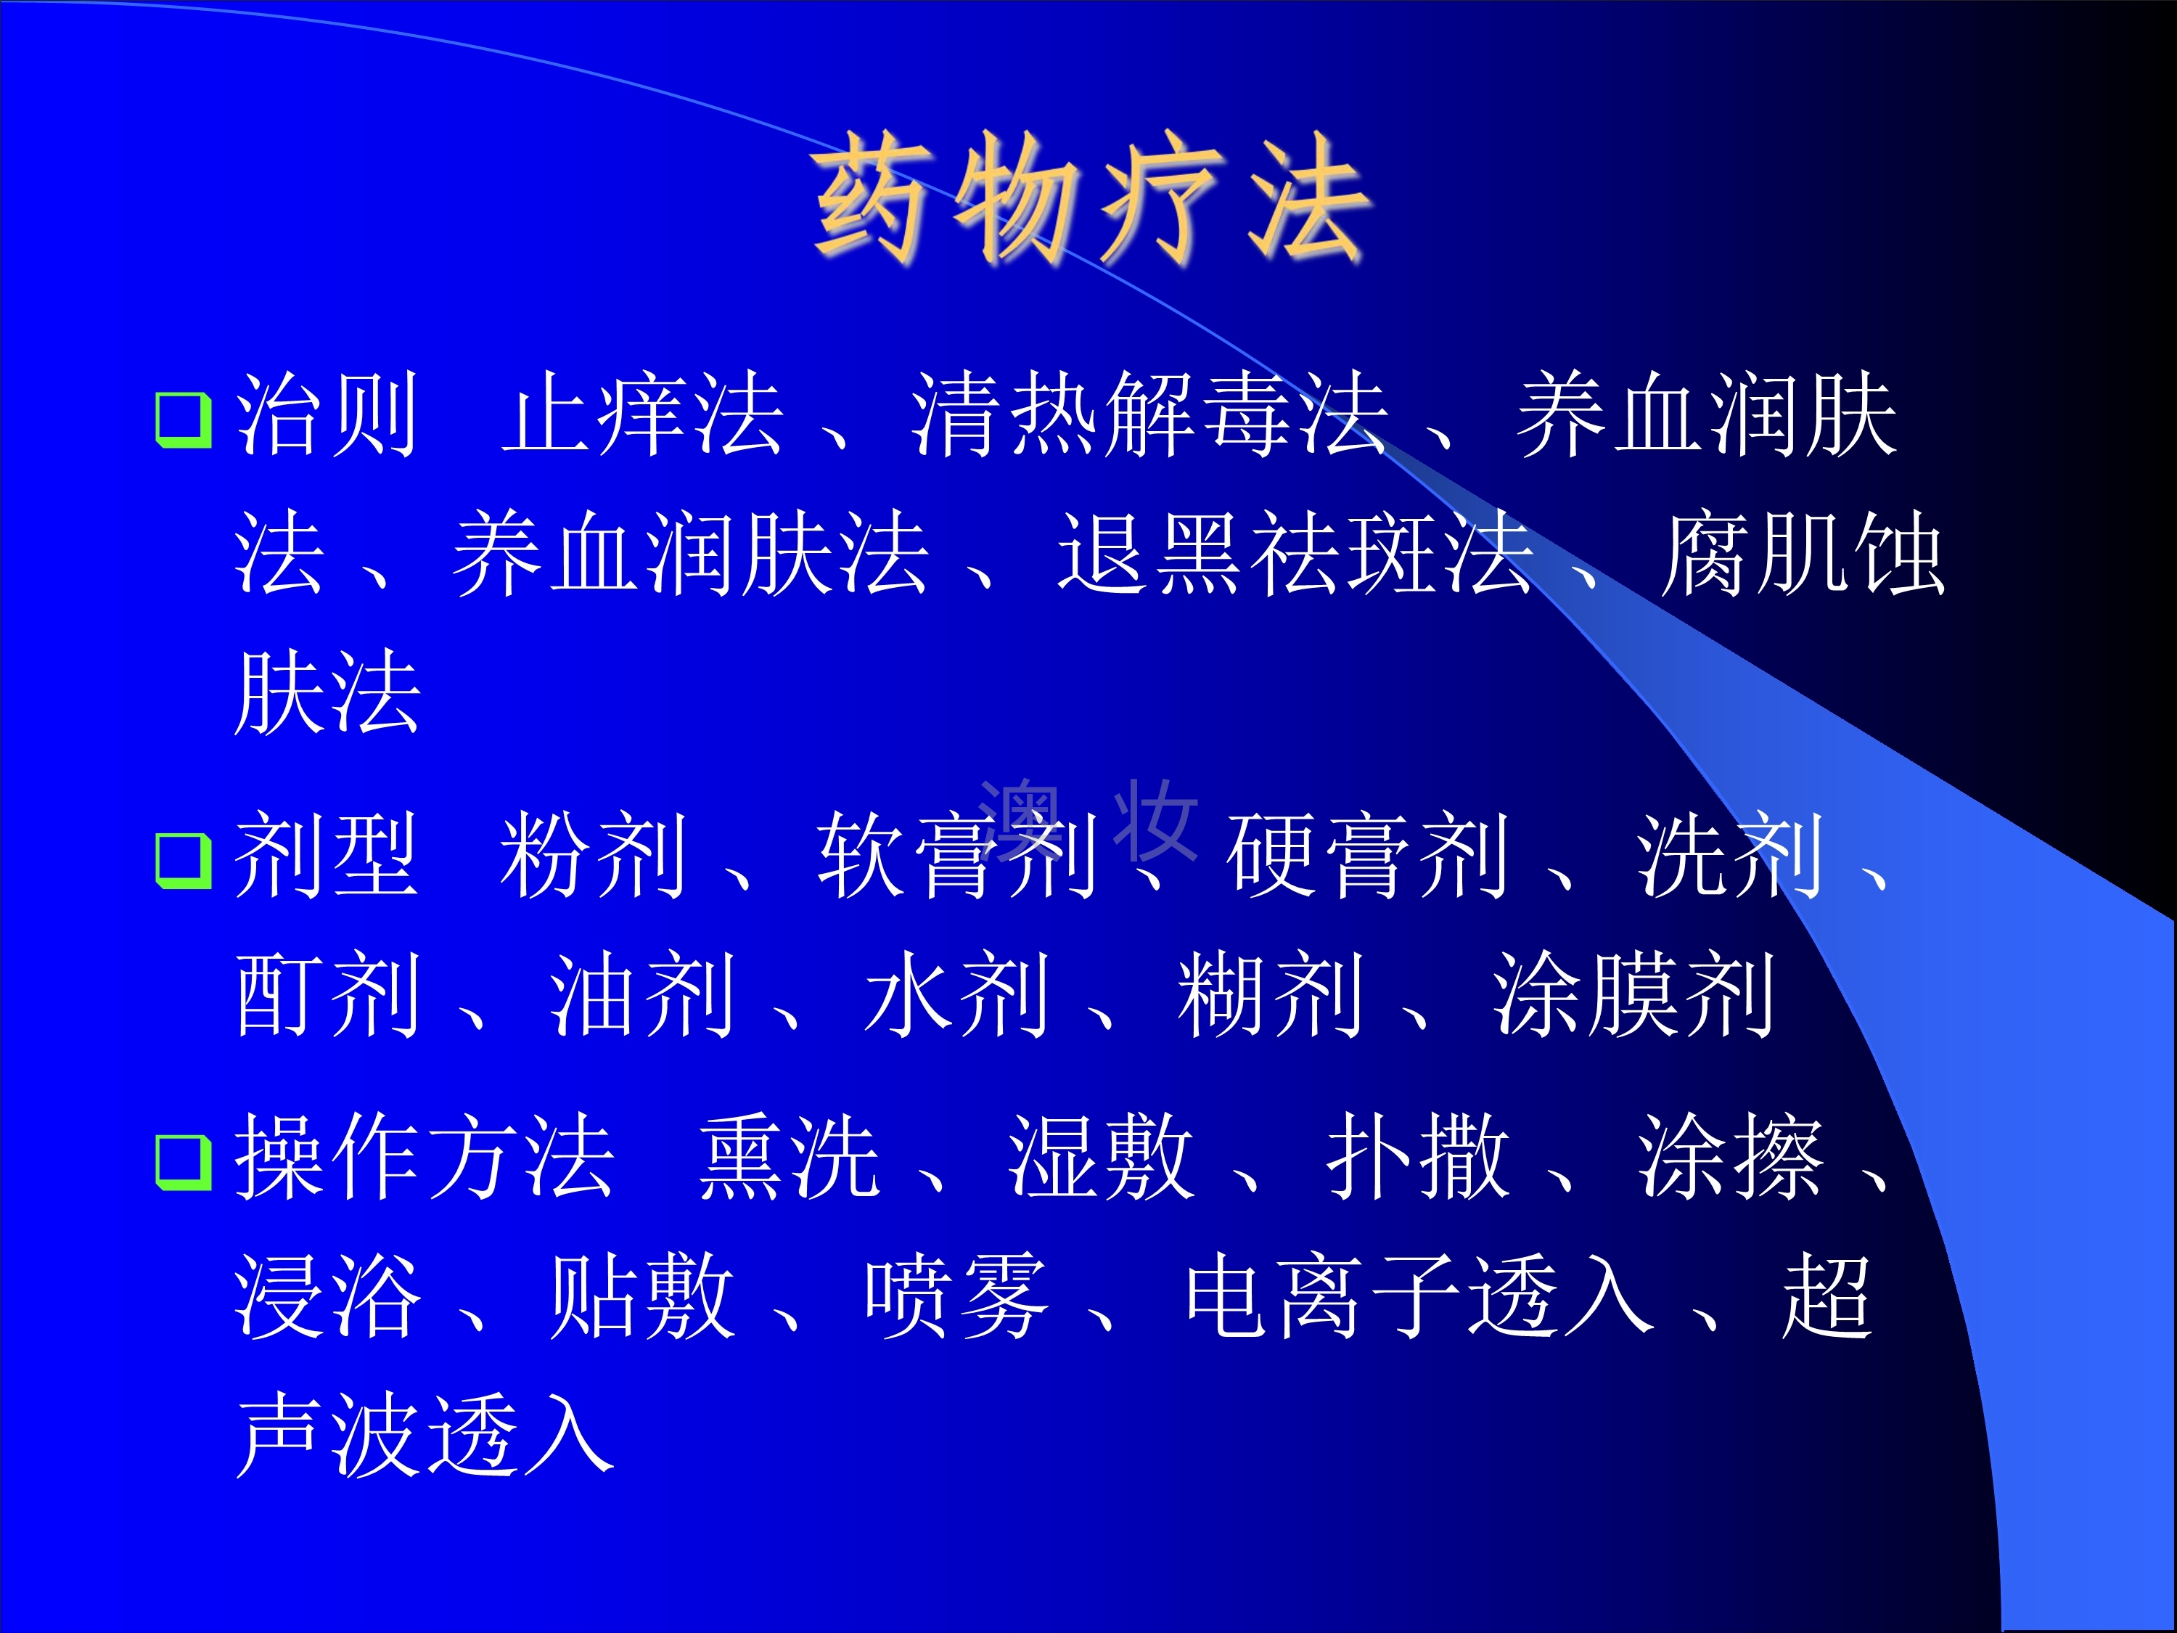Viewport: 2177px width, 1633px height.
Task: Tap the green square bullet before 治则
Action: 184,420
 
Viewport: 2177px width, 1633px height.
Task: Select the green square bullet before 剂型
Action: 184,861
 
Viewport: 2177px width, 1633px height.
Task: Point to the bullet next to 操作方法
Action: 184,1163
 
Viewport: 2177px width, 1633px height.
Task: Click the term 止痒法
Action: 643,414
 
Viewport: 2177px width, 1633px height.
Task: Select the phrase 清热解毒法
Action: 1149,414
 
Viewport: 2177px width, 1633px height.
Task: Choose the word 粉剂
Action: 594,856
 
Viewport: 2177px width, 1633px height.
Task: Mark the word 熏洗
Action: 790,1157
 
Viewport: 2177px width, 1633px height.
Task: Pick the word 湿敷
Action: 1102,1157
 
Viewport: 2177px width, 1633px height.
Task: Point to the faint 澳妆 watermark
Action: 1088,820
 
